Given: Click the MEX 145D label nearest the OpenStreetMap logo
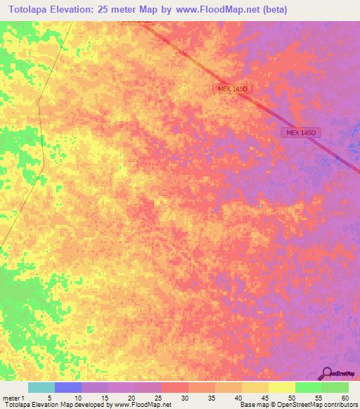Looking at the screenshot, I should click(x=303, y=132).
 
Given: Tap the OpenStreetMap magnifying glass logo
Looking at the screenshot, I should click(x=326, y=372).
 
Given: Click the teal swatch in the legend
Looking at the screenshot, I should click(x=41, y=387).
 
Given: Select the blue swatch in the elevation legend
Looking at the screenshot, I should click(x=68, y=387).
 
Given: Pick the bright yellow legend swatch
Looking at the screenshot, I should click(x=282, y=387).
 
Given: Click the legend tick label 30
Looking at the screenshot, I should click(x=184, y=398).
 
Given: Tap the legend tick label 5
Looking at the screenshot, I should click(x=50, y=398).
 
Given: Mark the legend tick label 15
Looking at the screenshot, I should click(x=104, y=398).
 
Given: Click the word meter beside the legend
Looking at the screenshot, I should click(x=12, y=398).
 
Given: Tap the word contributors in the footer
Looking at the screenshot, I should click(x=340, y=405).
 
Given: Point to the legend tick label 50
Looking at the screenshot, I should click(x=291, y=398).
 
